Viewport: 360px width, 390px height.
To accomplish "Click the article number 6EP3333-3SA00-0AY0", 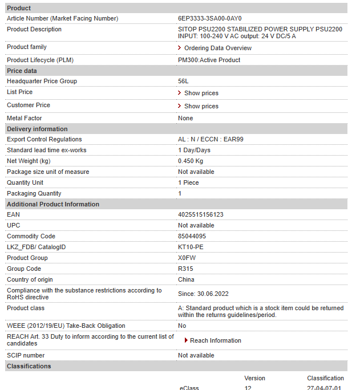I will (x=209, y=19).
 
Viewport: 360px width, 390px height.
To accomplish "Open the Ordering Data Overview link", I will (x=217, y=48).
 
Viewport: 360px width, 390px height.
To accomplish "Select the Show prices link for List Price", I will (x=201, y=93).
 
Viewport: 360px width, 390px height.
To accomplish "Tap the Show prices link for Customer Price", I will (x=201, y=106).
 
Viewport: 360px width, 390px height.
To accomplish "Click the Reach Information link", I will (x=215, y=340).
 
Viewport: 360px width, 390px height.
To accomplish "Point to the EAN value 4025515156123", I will (x=200, y=215).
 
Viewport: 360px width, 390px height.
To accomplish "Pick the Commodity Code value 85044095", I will (x=192, y=237).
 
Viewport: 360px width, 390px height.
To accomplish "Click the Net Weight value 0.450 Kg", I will (x=190, y=161).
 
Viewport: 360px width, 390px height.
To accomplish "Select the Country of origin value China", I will (x=186, y=280).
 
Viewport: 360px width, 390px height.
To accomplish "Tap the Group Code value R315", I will (x=186, y=269).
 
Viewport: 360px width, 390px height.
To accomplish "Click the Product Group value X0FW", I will (x=187, y=258).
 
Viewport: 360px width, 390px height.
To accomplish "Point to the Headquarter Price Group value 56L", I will (x=183, y=82).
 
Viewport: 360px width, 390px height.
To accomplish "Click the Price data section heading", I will (x=22, y=71).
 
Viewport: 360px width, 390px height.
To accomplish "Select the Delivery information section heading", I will (x=37, y=129).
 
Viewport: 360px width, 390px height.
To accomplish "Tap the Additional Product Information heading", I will (x=53, y=204).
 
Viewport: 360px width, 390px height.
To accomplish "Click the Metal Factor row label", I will (x=24, y=119).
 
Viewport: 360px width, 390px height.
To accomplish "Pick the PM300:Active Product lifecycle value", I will (x=209, y=60).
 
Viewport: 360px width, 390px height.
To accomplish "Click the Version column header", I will (x=254, y=378).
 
